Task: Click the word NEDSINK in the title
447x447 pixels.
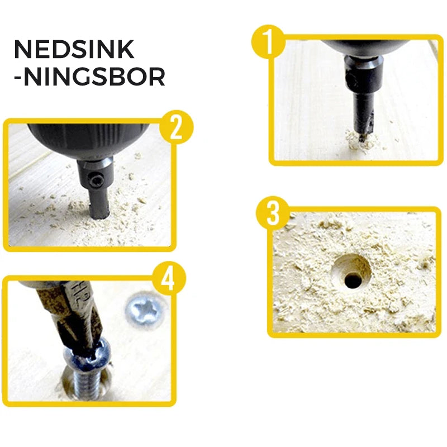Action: [x=74, y=49]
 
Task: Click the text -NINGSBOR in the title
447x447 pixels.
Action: [x=89, y=77]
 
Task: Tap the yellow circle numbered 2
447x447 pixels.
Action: [x=177, y=127]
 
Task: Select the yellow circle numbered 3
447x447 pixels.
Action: [x=273, y=213]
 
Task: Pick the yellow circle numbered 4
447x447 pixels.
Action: [x=169, y=278]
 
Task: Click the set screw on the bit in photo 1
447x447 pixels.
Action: [x=351, y=79]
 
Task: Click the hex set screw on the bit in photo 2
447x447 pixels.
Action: [x=96, y=180]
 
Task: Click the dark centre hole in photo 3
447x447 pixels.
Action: [x=353, y=280]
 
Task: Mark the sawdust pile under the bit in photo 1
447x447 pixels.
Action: [x=360, y=141]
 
